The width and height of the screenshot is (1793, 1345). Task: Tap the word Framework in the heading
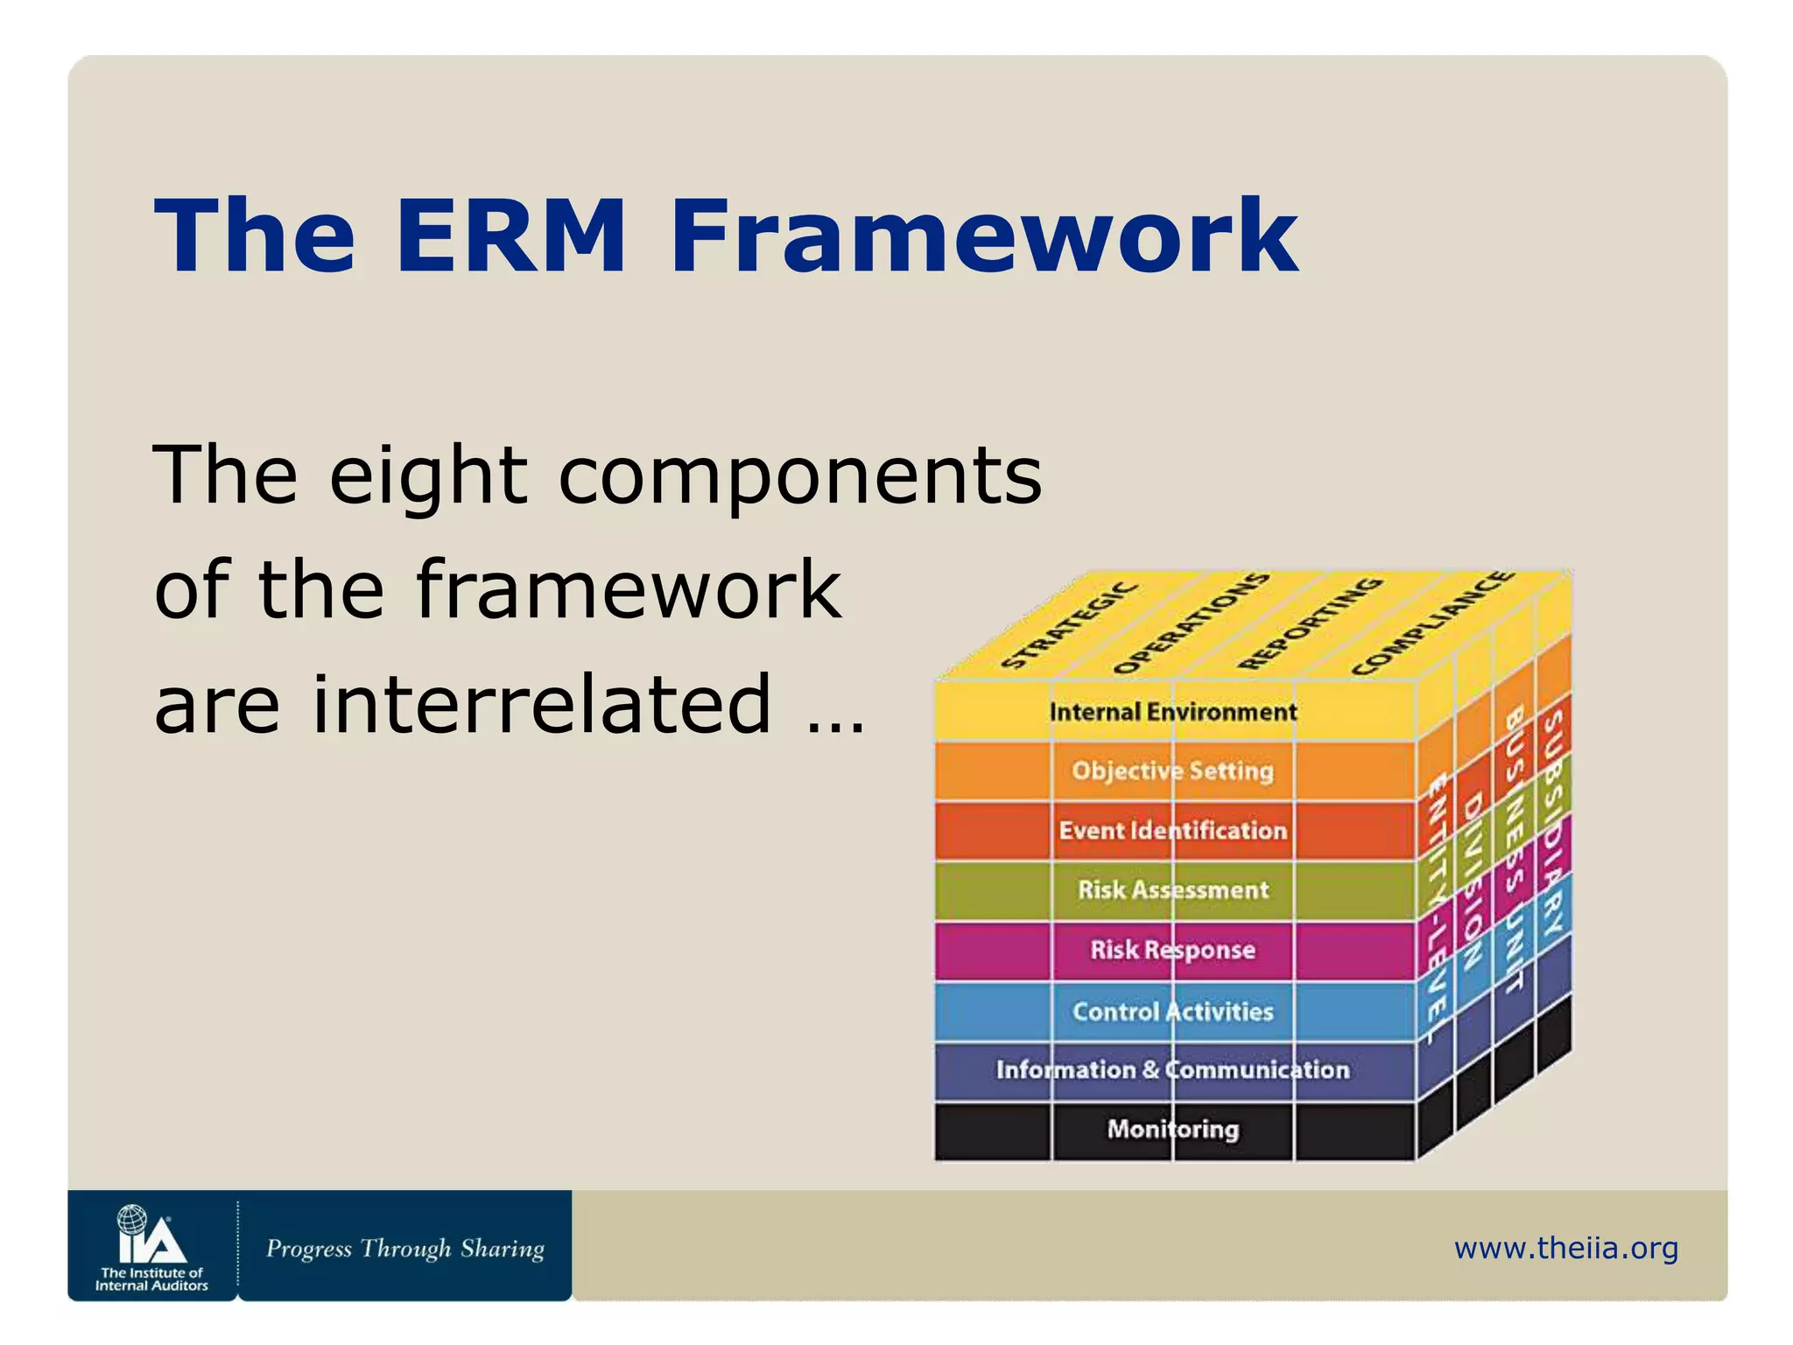click(x=984, y=236)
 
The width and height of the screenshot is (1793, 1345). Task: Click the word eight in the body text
click(x=428, y=477)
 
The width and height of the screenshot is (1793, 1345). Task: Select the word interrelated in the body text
click(x=542, y=705)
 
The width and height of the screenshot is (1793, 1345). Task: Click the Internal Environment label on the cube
click(x=1172, y=712)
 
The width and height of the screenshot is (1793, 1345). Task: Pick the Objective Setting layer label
click(x=1172, y=771)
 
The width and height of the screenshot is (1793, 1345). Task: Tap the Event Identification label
click(x=1172, y=830)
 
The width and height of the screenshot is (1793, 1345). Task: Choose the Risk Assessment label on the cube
click(x=1172, y=890)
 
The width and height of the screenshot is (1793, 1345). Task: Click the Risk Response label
click(x=1172, y=949)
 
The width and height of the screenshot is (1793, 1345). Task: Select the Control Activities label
click(x=1172, y=1011)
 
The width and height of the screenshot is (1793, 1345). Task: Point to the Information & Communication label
click(x=1172, y=1069)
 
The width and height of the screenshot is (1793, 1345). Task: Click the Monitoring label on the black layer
click(x=1172, y=1129)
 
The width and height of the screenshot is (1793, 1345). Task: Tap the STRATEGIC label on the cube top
click(x=1070, y=625)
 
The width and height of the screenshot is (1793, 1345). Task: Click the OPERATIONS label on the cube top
click(x=1191, y=623)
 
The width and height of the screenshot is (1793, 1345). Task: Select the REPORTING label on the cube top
click(x=1310, y=623)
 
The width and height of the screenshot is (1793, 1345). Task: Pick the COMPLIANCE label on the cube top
click(x=1432, y=623)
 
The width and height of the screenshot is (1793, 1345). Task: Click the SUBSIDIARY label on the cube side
click(x=1552, y=823)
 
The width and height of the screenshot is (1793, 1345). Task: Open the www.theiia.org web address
click(x=1565, y=1248)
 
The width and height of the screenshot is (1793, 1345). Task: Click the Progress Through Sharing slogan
click(x=404, y=1249)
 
